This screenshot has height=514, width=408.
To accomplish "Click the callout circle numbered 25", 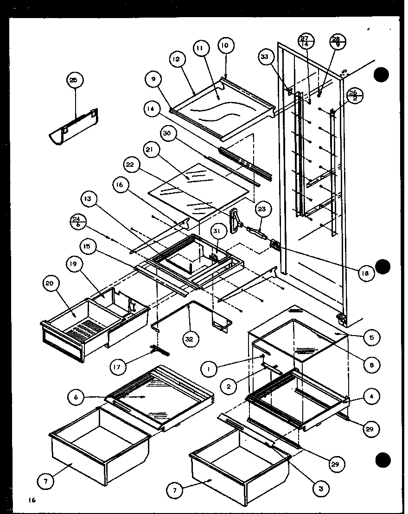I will [76, 80].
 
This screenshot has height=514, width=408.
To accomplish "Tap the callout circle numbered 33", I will [265, 57].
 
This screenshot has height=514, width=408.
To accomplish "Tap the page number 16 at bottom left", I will [31, 500].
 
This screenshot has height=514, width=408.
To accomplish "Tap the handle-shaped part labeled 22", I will [236, 219].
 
